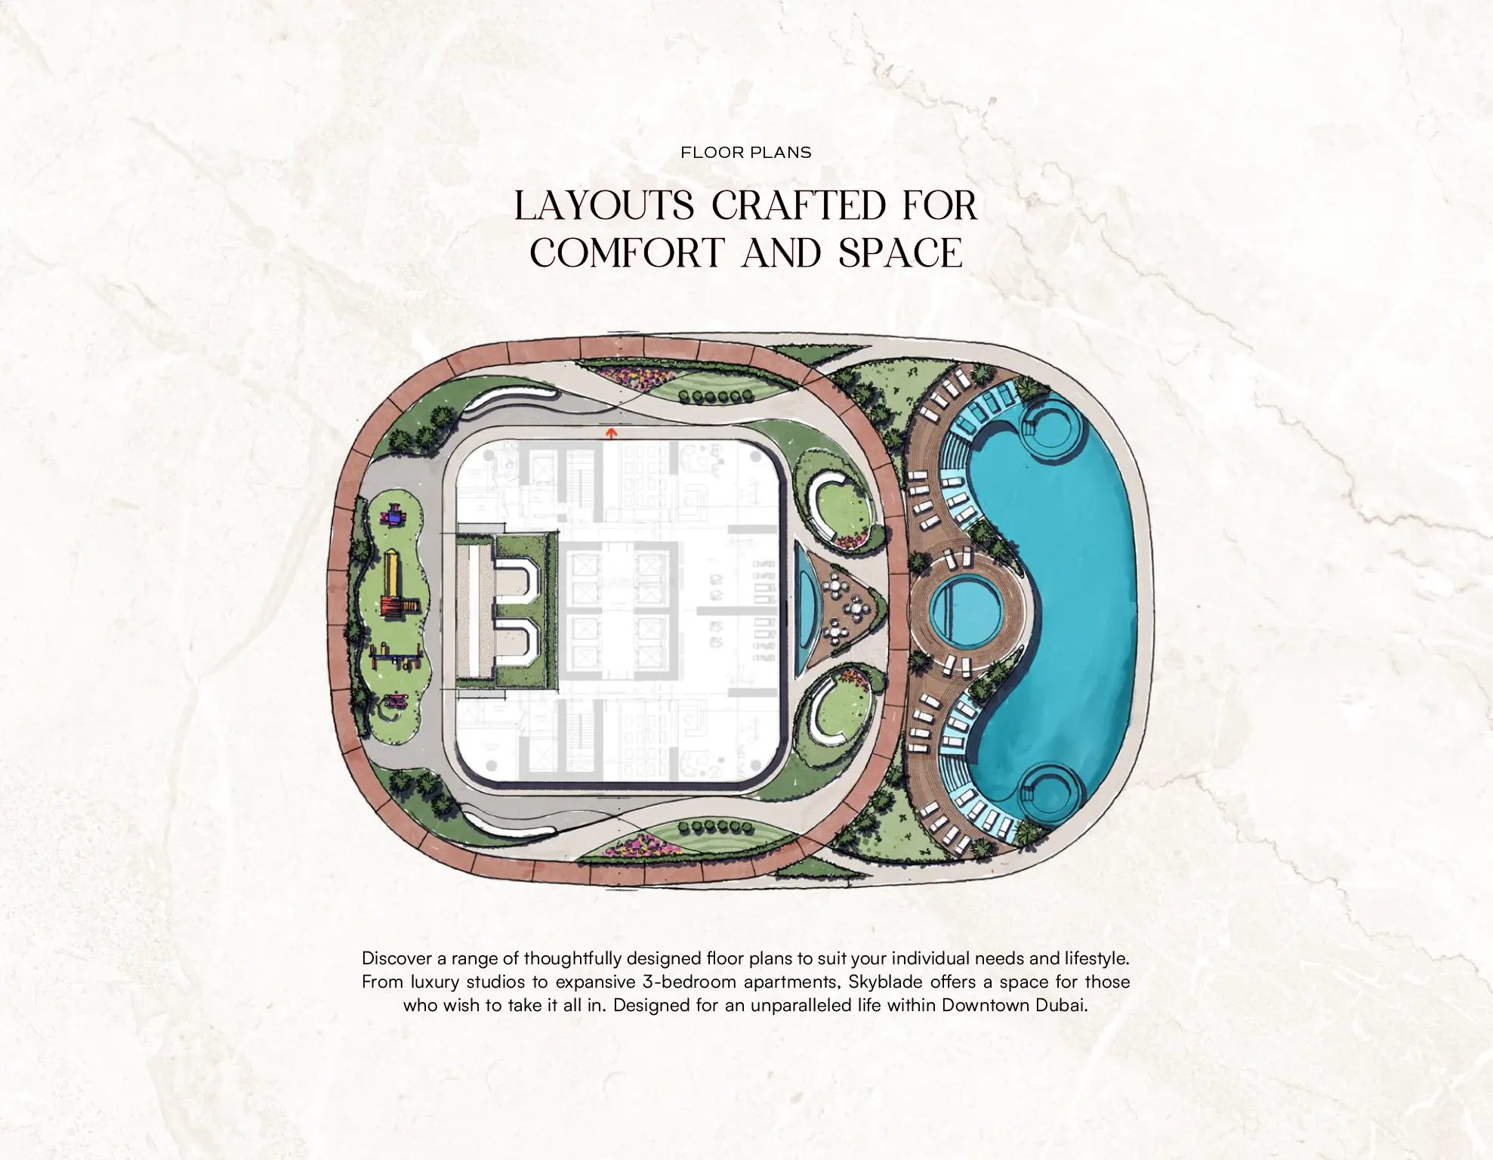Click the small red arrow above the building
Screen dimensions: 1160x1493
[x=612, y=433]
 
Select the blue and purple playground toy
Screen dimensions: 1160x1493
[x=393, y=517]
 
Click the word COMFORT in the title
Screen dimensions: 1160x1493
[x=626, y=253]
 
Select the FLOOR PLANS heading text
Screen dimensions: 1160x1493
[x=745, y=153]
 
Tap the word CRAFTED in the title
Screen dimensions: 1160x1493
[x=799, y=206]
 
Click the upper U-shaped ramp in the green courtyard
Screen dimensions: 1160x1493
[x=522, y=579]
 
